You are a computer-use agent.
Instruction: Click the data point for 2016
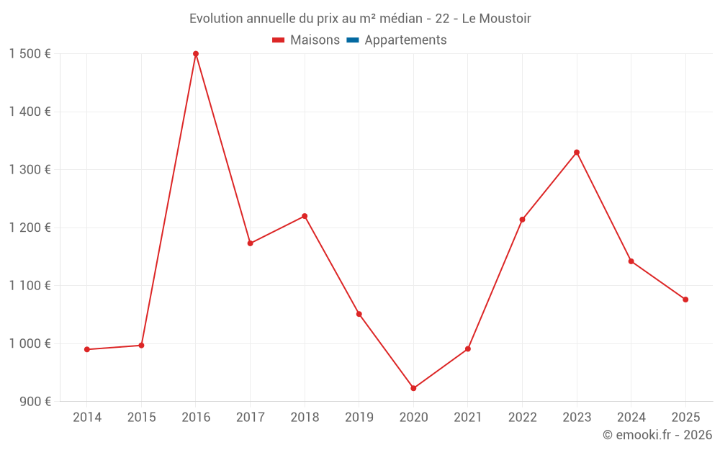pos(196,54)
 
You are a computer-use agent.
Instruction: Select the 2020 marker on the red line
pos(413,388)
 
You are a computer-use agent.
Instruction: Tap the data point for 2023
pos(577,153)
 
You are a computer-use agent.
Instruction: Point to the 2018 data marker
pos(305,216)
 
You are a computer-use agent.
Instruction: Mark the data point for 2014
pos(87,349)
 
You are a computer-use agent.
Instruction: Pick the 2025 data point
pos(685,300)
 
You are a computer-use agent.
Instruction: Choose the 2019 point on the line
pos(359,314)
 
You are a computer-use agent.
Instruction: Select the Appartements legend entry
pos(405,40)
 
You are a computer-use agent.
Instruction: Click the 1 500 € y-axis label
pos(30,54)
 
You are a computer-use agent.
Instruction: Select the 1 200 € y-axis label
pos(30,228)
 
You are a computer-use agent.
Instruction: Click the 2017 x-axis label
pos(250,418)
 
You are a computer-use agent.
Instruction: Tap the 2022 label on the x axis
pos(522,418)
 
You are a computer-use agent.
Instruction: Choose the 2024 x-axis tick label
pos(631,418)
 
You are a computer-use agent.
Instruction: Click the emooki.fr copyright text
pos(657,435)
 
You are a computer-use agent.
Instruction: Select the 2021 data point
pos(468,348)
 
